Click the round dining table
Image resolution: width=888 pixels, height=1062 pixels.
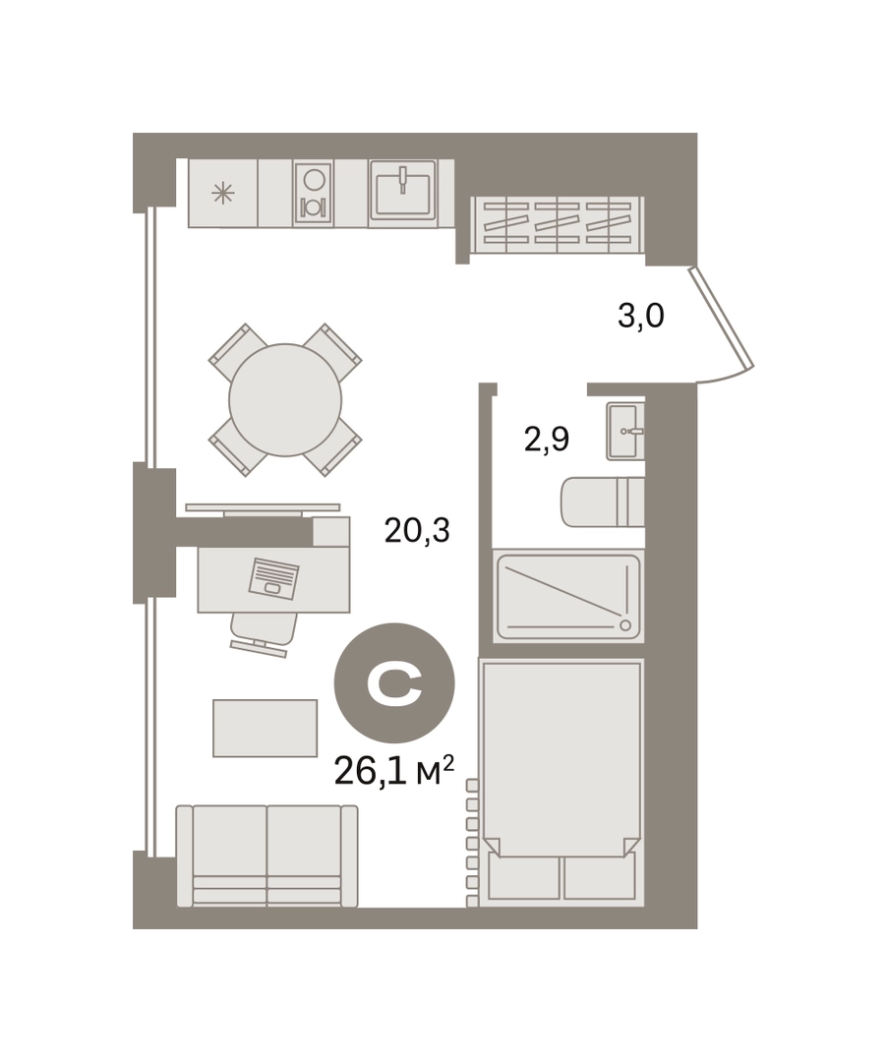[x=285, y=400]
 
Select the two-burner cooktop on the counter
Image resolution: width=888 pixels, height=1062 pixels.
[x=313, y=193]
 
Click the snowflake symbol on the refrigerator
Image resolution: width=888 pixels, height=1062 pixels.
[x=223, y=194]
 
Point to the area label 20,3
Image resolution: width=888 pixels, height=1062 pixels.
[x=417, y=530]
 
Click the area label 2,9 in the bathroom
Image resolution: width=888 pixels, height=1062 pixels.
[x=546, y=440]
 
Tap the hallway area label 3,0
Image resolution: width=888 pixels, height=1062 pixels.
[x=640, y=317]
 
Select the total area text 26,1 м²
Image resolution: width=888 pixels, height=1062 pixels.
[x=393, y=771]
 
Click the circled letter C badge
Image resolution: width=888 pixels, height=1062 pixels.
[x=394, y=682]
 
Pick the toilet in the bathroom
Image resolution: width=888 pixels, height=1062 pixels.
[x=602, y=501]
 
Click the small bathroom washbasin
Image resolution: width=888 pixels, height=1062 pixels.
[x=624, y=432]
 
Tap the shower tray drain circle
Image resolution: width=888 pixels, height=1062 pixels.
[x=625, y=625]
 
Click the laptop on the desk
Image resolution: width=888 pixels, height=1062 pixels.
[x=273, y=578]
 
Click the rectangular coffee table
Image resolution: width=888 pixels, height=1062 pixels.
[x=265, y=728]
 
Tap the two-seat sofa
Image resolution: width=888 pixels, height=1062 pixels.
[x=266, y=856]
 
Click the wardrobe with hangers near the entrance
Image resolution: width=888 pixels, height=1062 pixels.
[x=557, y=225]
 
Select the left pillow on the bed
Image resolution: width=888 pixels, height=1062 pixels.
[x=523, y=876]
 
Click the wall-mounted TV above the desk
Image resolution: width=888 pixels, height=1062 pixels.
[x=263, y=506]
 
